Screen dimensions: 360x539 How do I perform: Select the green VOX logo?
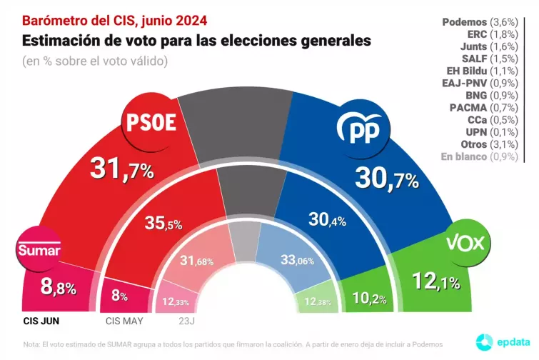465,244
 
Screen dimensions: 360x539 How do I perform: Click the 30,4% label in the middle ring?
327,219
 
